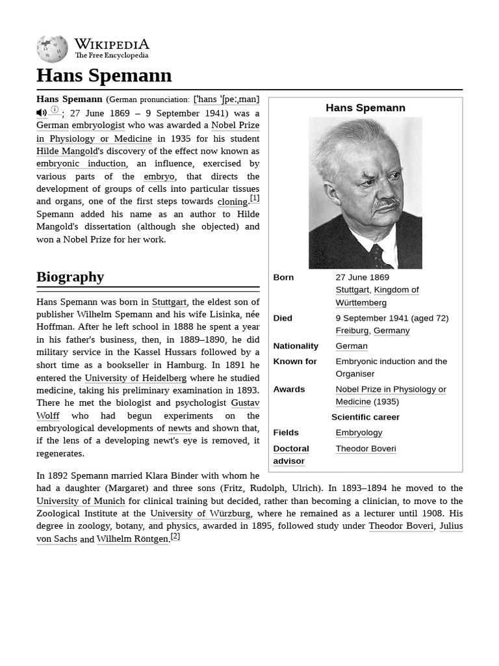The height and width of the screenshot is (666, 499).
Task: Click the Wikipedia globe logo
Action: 52,49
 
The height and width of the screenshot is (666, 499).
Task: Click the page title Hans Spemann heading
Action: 104,75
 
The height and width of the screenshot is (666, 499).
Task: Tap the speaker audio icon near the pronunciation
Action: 41,113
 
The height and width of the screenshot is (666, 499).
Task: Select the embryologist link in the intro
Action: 98,125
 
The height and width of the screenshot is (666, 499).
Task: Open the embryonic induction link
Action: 81,163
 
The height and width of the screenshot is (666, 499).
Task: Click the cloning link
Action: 232,202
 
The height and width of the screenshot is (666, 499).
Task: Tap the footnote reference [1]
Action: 255,198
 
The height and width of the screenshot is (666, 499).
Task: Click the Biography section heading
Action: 70,276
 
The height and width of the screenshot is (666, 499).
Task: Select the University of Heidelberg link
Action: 135,378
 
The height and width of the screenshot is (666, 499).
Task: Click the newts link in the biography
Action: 179,428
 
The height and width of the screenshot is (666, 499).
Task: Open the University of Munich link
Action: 81,501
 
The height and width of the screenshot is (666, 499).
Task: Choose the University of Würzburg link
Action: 200,513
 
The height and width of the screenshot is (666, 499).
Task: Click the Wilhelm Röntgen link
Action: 133,539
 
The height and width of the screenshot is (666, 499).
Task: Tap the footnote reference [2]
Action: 175,537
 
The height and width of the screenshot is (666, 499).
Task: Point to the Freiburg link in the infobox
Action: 352,330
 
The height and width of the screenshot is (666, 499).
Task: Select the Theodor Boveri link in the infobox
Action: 365,448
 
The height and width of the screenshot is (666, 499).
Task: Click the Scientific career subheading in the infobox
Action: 365,417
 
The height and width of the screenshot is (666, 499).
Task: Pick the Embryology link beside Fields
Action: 359,433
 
